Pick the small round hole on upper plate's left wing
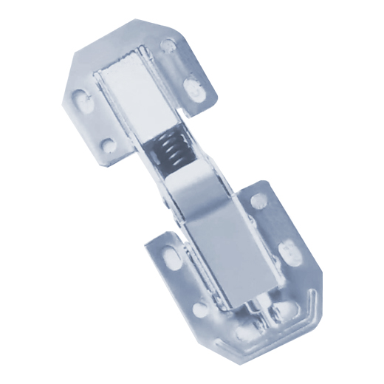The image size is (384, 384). [x=107, y=145]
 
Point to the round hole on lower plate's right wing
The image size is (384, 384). [x=258, y=200]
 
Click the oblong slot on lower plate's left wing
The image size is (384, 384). [x=174, y=255]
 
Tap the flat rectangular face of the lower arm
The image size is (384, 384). [x=222, y=255]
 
